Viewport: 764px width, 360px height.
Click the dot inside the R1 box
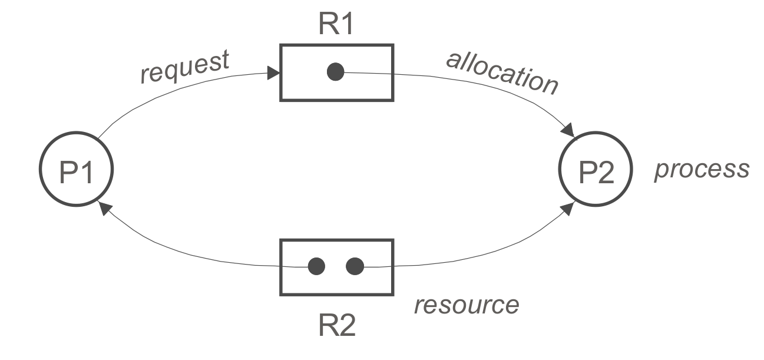click(335, 72)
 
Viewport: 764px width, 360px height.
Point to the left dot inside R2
click(316, 266)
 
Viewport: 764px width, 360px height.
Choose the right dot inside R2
click(355, 266)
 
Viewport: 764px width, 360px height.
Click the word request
click(185, 67)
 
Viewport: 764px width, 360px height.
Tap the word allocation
click(502, 74)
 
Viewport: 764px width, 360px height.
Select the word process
click(702, 170)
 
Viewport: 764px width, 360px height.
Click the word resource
click(467, 305)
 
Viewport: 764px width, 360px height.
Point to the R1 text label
click(336, 24)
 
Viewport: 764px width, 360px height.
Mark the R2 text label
click(336, 326)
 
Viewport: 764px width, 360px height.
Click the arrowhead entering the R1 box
click(273, 73)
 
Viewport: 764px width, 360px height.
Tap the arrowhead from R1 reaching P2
click(568, 131)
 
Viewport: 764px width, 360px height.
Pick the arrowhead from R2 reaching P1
click(105, 208)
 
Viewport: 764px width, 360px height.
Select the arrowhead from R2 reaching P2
click(567, 208)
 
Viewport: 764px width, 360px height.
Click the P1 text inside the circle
click(76, 172)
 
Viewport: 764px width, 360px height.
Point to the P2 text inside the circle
click(596, 172)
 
